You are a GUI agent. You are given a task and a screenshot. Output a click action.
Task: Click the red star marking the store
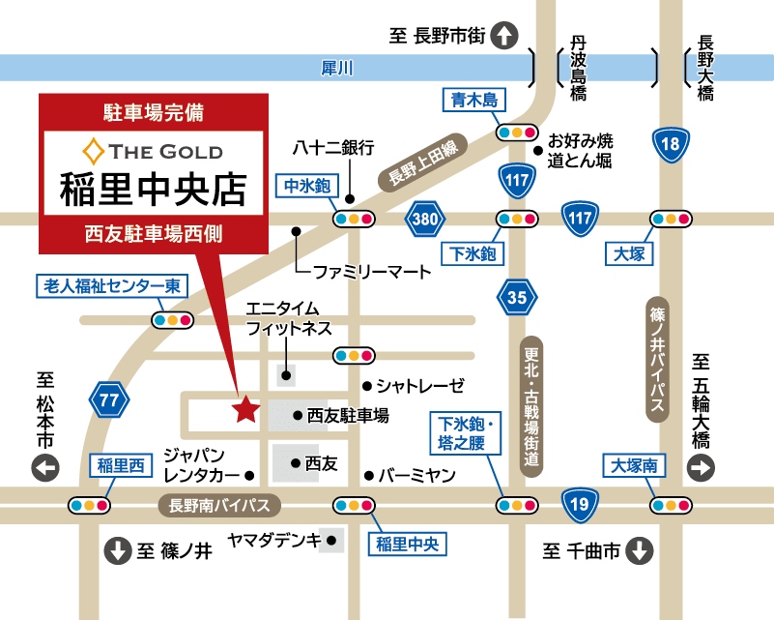[245, 410]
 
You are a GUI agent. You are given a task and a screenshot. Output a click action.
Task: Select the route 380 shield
[424, 218]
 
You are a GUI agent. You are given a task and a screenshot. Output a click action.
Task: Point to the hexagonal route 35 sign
[517, 297]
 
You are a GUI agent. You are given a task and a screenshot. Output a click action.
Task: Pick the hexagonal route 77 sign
[109, 399]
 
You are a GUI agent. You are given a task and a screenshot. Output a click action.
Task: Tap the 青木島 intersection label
[474, 100]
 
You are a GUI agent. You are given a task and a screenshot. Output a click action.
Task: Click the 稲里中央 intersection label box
[407, 544]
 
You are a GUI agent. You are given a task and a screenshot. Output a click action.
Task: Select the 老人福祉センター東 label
[111, 286]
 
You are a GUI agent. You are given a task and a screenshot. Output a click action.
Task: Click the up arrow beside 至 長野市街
[504, 37]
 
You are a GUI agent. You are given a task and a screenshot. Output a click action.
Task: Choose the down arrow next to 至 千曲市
[640, 551]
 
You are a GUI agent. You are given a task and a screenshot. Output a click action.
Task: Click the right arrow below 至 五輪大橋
[701, 468]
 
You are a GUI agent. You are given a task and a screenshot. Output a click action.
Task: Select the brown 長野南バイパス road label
[219, 504]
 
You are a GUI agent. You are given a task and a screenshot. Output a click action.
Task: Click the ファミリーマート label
[372, 272]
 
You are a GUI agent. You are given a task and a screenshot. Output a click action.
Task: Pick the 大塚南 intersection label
[634, 465]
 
